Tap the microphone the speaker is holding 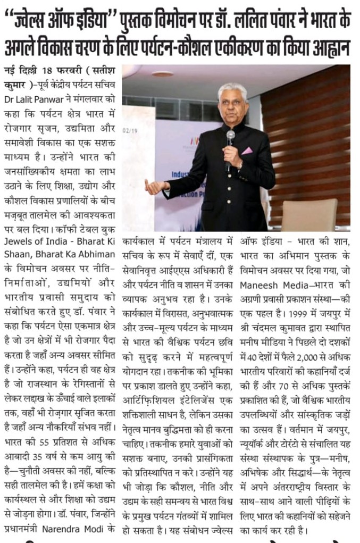230,138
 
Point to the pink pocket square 247,151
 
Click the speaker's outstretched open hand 155,187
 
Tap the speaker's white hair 232,88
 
